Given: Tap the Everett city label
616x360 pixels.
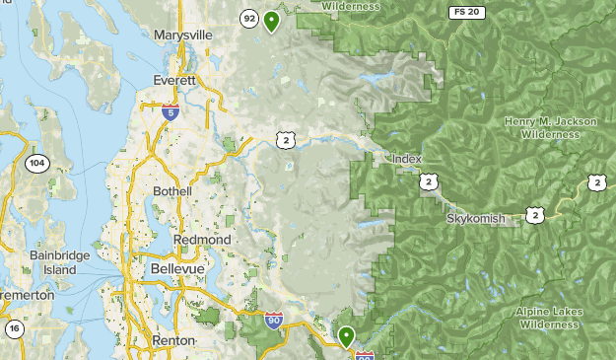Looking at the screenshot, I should coord(174,80).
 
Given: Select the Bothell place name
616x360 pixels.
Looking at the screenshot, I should coord(172,190).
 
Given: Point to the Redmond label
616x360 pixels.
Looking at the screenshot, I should coord(202,240).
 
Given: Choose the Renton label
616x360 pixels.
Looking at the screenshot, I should coord(173,340).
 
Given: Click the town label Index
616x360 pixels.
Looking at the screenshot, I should coord(406,159).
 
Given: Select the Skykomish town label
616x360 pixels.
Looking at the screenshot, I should coord(477,217).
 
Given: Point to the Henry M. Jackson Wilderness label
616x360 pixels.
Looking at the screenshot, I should coord(550,127).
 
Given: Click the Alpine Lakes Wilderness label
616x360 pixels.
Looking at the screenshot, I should coord(549,317).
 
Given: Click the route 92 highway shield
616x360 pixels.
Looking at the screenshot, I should coord(248,18).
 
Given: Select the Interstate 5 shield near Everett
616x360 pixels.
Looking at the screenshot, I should coord(171,111).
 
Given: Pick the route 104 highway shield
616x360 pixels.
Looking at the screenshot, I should coord(36,164).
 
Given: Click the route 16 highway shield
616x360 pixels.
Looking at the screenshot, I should coord(15,328).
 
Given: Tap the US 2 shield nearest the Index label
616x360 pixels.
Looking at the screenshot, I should coord(428,181).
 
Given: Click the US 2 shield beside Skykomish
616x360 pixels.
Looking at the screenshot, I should coord(533,214).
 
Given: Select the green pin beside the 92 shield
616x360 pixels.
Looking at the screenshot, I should coord(272,20).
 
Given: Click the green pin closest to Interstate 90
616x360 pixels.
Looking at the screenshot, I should coord(346,336).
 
